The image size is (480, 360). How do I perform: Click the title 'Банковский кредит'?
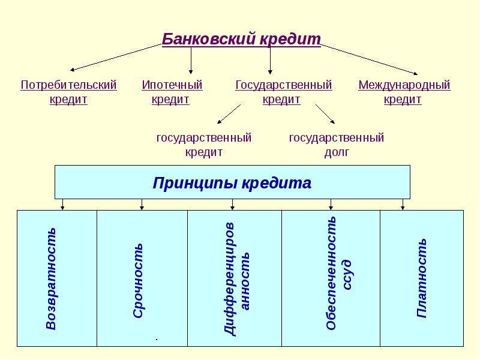click(x=241, y=39)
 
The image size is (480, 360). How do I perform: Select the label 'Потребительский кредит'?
click(x=68, y=92)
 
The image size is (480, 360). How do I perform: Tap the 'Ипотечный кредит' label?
click(x=172, y=92)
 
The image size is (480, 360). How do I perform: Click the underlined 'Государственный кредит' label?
click(x=283, y=92)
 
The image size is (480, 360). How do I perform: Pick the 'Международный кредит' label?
click(x=404, y=92)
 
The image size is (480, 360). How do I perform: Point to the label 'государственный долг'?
click(x=337, y=145)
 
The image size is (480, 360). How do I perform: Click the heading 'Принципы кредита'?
click(x=232, y=183)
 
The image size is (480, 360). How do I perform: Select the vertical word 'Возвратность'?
click(x=51, y=278)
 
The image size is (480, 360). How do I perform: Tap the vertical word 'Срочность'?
click(x=138, y=280)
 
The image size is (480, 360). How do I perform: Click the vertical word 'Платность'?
click(x=422, y=278)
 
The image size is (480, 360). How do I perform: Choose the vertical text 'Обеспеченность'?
click(x=331, y=273)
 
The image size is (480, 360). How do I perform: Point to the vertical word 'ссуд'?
click(x=347, y=275)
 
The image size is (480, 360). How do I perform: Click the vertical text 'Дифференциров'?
click(x=230, y=279)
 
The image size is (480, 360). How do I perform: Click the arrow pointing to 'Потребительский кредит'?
click(x=116, y=57)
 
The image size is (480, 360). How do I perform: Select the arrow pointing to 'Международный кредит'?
click(x=369, y=59)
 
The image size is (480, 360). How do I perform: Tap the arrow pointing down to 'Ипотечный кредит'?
click(x=191, y=61)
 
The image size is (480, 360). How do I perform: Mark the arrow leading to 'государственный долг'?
click(x=325, y=114)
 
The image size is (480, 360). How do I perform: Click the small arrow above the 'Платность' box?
click(x=403, y=205)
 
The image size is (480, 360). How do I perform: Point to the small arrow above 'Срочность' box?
click(x=142, y=205)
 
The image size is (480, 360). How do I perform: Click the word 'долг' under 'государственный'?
click(x=337, y=152)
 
